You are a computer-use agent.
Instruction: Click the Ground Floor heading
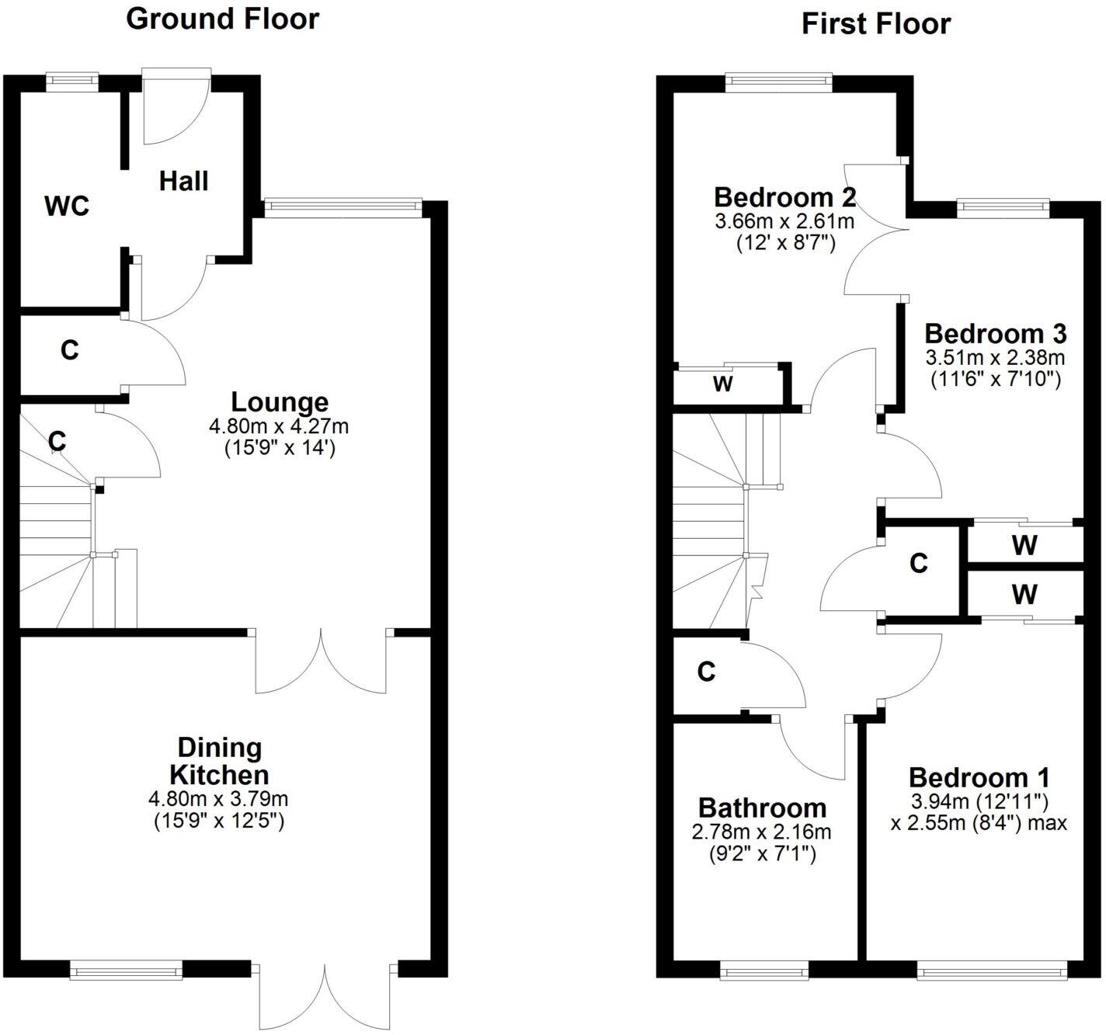222,19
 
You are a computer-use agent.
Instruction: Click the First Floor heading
875,24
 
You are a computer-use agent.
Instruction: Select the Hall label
184,181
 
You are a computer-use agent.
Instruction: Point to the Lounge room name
280,402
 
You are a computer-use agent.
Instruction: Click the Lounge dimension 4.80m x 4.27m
279,426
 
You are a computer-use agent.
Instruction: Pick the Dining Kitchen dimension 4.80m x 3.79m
219,799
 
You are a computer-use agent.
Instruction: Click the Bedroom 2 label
784,197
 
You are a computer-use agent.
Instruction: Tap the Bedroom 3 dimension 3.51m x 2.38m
995,358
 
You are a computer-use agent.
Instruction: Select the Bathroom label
762,808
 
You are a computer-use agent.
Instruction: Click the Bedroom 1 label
979,777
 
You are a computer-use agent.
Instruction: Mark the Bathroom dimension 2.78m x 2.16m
761,832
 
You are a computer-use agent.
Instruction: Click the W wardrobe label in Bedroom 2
722,384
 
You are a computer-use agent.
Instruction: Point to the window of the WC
72,78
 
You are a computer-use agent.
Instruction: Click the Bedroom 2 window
777,79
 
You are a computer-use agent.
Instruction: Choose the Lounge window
343,206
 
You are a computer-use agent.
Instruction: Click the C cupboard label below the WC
70,351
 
